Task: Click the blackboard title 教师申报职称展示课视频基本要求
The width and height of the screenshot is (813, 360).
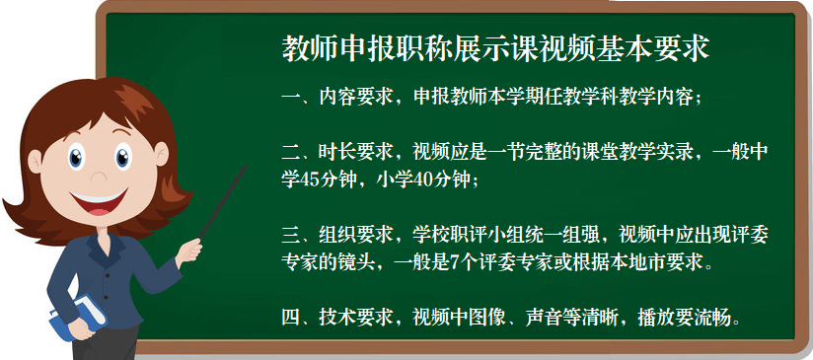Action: pos(495,49)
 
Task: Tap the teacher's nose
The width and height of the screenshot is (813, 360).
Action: pos(97,175)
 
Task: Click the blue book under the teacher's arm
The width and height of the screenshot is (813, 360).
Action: pos(77,317)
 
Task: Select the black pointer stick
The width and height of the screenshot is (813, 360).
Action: pos(223,202)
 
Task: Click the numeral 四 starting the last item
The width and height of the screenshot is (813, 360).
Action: pos(291,317)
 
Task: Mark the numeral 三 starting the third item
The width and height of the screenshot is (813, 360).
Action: pos(291,235)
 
